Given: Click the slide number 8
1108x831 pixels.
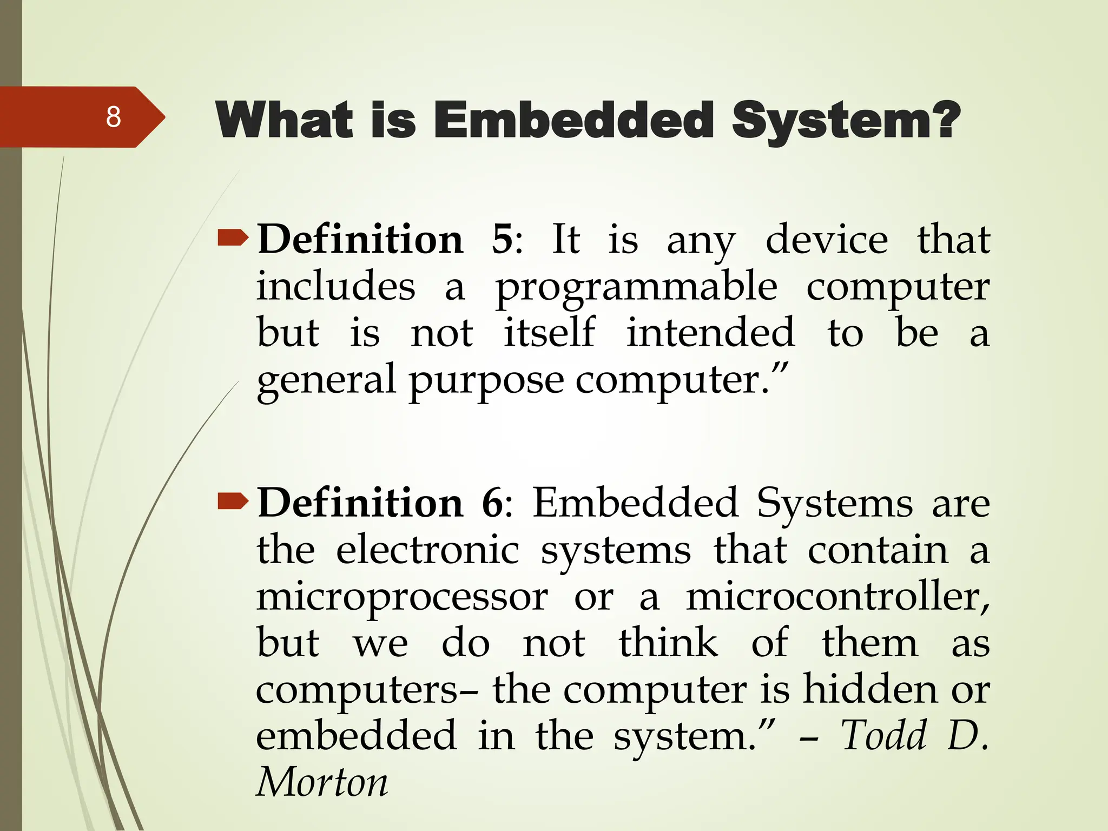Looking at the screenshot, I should (x=113, y=117).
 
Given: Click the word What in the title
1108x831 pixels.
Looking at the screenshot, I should (x=285, y=120).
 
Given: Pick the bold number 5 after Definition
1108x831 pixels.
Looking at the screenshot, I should (x=502, y=239).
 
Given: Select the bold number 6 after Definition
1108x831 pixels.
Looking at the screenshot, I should (x=492, y=503).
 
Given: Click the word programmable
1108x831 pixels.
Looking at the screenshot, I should (x=636, y=288).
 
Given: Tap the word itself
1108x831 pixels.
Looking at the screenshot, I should (x=549, y=332).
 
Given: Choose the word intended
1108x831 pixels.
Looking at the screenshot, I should (x=710, y=332).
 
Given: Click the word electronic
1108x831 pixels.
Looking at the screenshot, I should (x=427, y=550).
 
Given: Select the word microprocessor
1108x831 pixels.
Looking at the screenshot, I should (x=402, y=598).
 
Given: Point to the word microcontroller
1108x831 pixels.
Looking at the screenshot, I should (x=837, y=597).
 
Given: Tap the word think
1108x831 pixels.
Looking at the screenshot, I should (x=668, y=643).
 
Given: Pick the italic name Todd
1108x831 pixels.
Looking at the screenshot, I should (x=883, y=736).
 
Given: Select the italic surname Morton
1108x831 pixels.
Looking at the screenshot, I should (x=322, y=783).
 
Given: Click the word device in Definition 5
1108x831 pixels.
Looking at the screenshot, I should (x=826, y=239).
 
